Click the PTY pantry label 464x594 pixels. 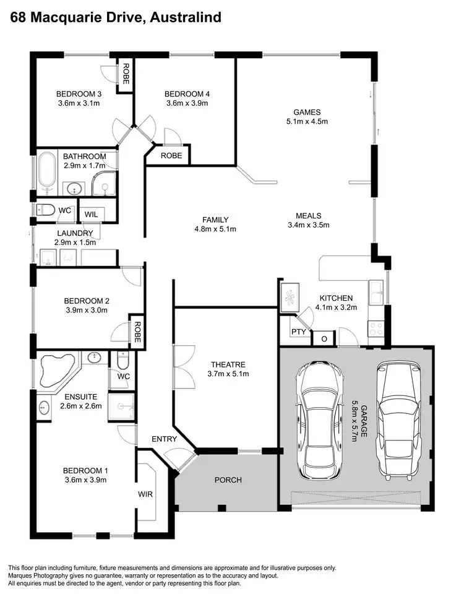pyautogui.click(x=298, y=332)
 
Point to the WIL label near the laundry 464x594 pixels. pyautogui.click(x=91, y=213)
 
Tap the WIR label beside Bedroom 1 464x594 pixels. pyautogui.click(x=145, y=494)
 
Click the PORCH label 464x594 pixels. pyautogui.click(x=228, y=480)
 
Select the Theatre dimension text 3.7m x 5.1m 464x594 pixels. pyautogui.click(x=227, y=374)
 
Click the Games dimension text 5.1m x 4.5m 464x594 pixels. pyautogui.click(x=307, y=121)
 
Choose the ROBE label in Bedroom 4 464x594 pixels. pyautogui.click(x=171, y=155)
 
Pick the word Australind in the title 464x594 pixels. pyautogui.click(x=185, y=17)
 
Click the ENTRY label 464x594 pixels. pyautogui.click(x=164, y=439)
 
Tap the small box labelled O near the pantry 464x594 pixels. pyautogui.click(x=324, y=339)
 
